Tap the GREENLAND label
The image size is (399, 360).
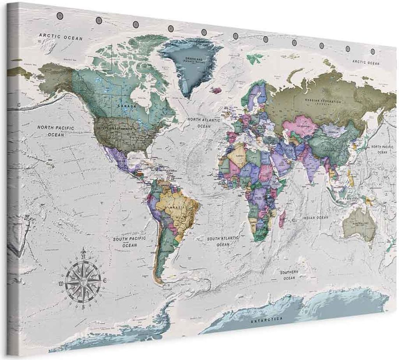tap(190, 58)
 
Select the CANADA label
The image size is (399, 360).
tap(128, 105)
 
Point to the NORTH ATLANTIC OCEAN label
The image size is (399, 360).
tap(203, 123)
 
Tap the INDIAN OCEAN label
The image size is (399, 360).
tap(316, 218)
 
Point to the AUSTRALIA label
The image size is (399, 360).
tap(359, 223)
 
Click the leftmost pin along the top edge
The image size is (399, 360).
tap(60, 15)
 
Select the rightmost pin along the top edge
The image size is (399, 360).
tap(372, 51)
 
